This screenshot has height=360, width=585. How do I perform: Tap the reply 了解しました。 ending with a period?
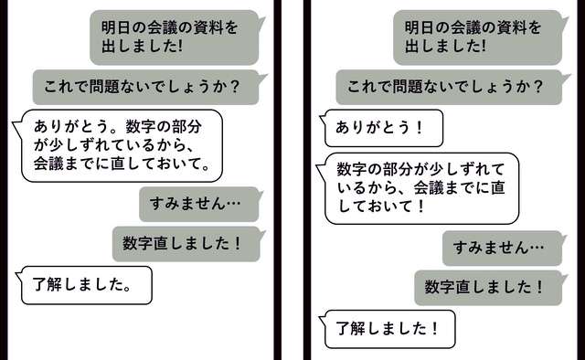point(85,284)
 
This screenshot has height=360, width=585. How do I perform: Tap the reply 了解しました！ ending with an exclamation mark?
point(388,327)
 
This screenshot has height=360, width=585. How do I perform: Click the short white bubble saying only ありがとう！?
point(381,128)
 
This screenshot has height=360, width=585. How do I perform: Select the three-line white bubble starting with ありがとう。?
point(121,144)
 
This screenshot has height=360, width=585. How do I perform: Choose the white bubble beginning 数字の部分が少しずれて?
point(415,187)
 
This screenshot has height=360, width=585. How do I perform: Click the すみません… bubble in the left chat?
point(198,203)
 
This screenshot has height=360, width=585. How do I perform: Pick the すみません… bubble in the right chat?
point(502,247)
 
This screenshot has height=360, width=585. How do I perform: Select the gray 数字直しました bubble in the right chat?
point(487,287)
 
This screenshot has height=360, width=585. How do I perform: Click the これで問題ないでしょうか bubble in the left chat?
point(144,88)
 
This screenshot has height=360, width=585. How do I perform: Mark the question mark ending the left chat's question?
point(235,88)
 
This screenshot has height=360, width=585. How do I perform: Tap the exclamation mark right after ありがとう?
point(420,128)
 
